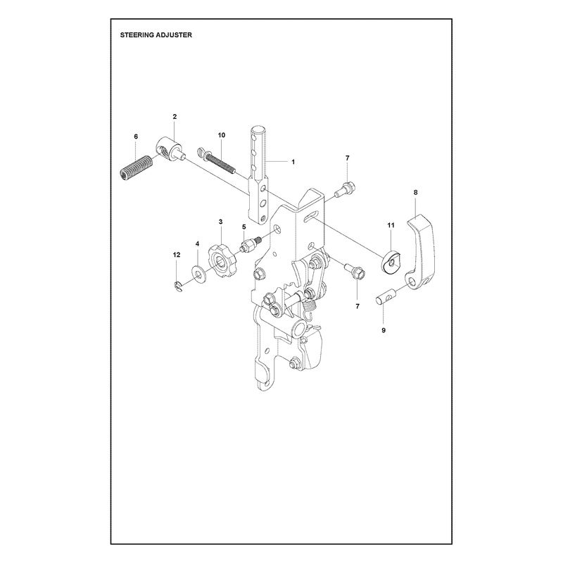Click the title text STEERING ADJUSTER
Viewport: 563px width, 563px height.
click(x=156, y=34)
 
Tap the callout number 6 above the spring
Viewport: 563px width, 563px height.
click(x=136, y=137)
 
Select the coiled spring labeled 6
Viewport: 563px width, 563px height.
click(x=136, y=168)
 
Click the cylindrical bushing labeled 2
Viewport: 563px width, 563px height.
click(x=170, y=149)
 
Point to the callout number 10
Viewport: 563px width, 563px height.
click(x=222, y=135)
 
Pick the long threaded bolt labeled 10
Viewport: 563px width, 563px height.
click(x=217, y=160)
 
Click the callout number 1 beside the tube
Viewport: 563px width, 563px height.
click(x=293, y=162)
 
